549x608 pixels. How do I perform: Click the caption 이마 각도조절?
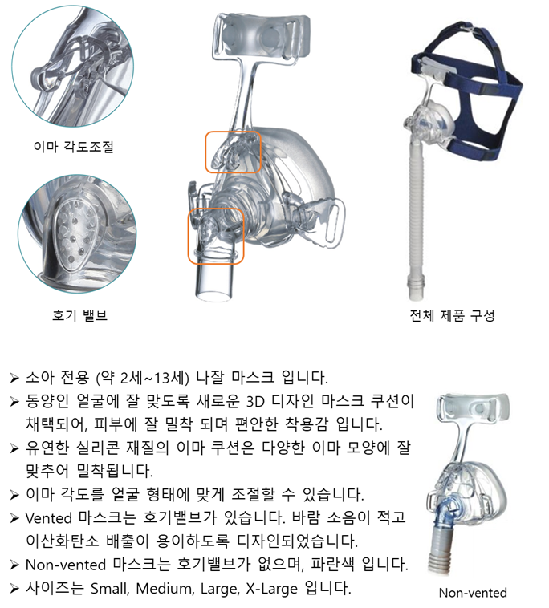pyautogui.click(x=73, y=147)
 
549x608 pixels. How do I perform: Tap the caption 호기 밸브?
pyautogui.click(x=79, y=315)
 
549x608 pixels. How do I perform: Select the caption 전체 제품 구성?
pyautogui.click(x=452, y=315)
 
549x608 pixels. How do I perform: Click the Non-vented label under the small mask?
pyautogui.click(x=473, y=593)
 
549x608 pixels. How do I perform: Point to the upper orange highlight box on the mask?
pyautogui.click(x=233, y=132)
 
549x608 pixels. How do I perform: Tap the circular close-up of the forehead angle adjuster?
pyautogui.click(x=72, y=66)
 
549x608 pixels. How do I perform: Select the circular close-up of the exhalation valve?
pyautogui.click(x=77, y=233)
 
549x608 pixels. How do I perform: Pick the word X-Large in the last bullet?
pyautogui.click(x=271, y=588)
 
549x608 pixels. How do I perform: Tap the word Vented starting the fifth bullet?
pyautogui.click(x=48, y=517)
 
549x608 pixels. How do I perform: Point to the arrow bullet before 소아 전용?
pyautogui.click(x=14, y=378)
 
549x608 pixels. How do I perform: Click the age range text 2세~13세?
pyautogui.click(x=153, y=378)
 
